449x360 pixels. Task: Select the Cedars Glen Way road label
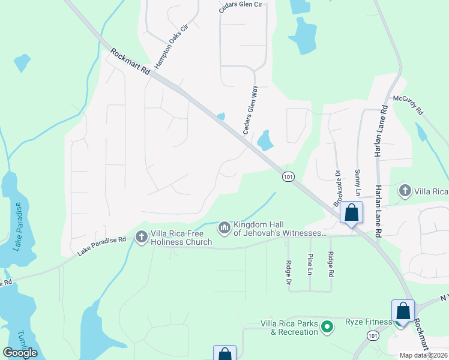tap(250, 110)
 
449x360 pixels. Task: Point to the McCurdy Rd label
tap(408, 104)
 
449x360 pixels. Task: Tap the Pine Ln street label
tap(310, 264)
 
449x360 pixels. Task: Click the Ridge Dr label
tap(289, 264)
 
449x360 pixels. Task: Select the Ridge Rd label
tap(331, 264)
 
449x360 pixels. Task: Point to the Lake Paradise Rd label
tap(101, 246)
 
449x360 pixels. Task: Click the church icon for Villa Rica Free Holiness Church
tap(142, 237)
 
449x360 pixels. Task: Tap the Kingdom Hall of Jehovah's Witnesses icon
tap(224, 227)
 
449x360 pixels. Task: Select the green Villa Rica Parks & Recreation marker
tap(327, 327)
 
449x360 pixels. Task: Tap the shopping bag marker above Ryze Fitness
tap(403, 311)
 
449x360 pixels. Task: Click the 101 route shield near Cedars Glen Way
tap(288, 176)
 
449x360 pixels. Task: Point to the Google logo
tap(20, 353)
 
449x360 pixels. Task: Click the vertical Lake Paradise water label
tap(18, 226)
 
